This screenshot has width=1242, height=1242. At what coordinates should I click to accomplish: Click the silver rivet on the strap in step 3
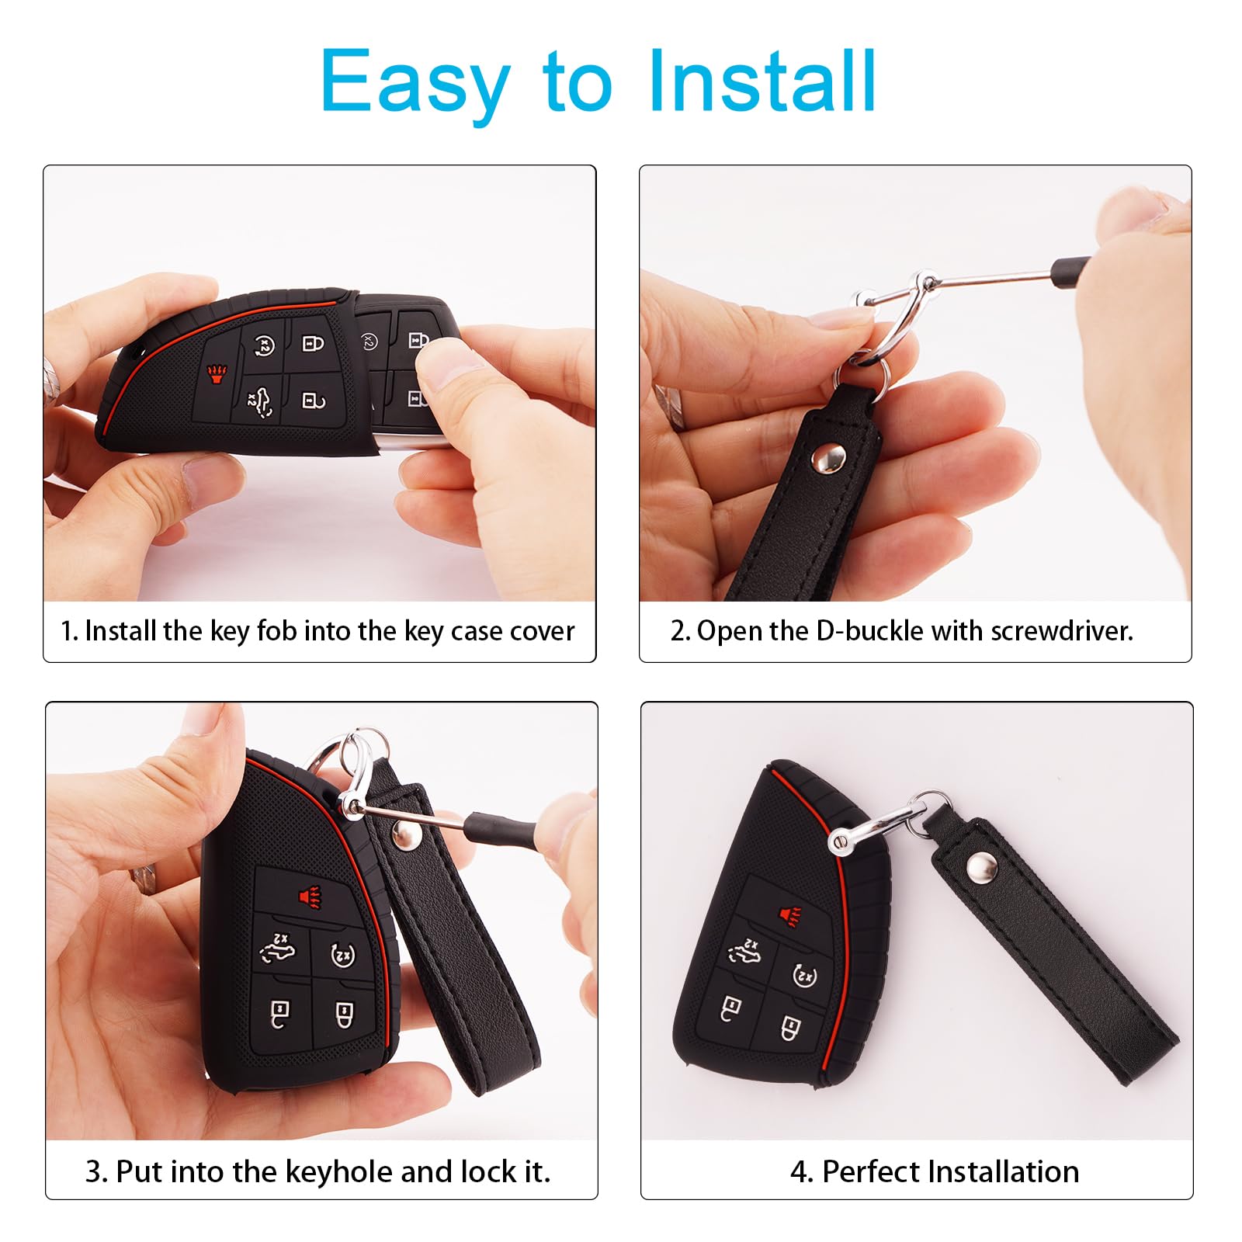pyautogui.click(x=404, y=835)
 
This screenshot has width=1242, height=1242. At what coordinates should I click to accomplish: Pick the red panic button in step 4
pyautogui.click(x=789, y=916)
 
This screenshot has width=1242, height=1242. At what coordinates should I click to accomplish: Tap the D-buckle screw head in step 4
pyautogui.click(x=838, y=842)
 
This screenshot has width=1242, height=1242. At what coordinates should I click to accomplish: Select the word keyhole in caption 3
pyautogui.click(x=340, y=1171)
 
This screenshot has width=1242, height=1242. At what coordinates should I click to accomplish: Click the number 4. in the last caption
pyautogui.click(x=801, y=1171)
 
